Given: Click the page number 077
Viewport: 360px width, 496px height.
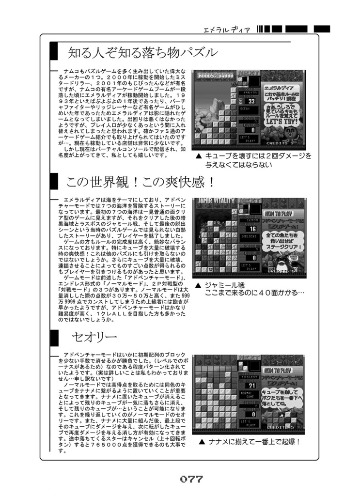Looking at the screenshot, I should click(191, 480).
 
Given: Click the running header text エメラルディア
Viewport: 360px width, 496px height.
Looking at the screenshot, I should click(227, 30).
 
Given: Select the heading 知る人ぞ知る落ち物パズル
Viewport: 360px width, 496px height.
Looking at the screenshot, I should click(142, 52).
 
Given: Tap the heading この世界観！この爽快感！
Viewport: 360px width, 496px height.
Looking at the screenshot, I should click(141, 183).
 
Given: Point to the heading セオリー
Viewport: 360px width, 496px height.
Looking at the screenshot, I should click(94, 336).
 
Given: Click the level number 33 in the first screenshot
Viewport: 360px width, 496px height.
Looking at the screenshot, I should click(251, 102).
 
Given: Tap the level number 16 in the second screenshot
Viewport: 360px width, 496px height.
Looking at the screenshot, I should click(252, 229).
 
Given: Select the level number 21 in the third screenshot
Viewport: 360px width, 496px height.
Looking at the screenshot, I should click(252, 385).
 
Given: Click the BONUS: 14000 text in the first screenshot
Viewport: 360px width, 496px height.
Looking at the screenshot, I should click(213, 75).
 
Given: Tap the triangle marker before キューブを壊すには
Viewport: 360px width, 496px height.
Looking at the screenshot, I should click(199, 156).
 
